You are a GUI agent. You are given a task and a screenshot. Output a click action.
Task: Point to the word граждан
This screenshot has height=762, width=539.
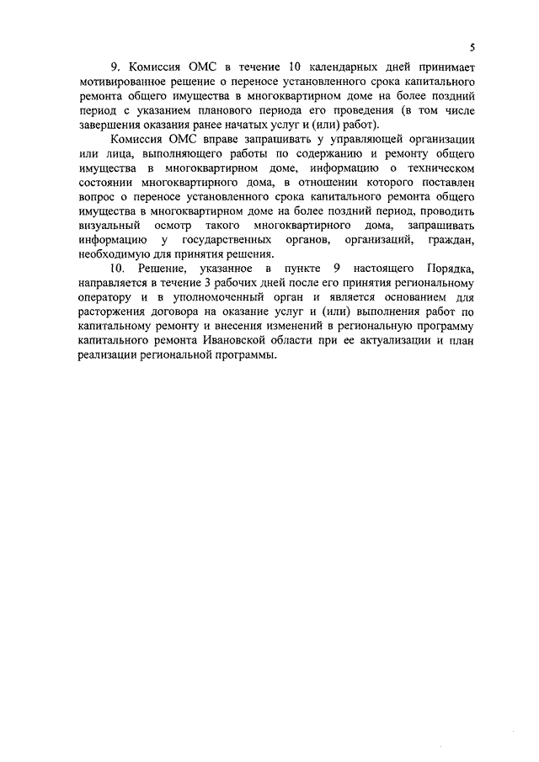coord(453,241)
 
